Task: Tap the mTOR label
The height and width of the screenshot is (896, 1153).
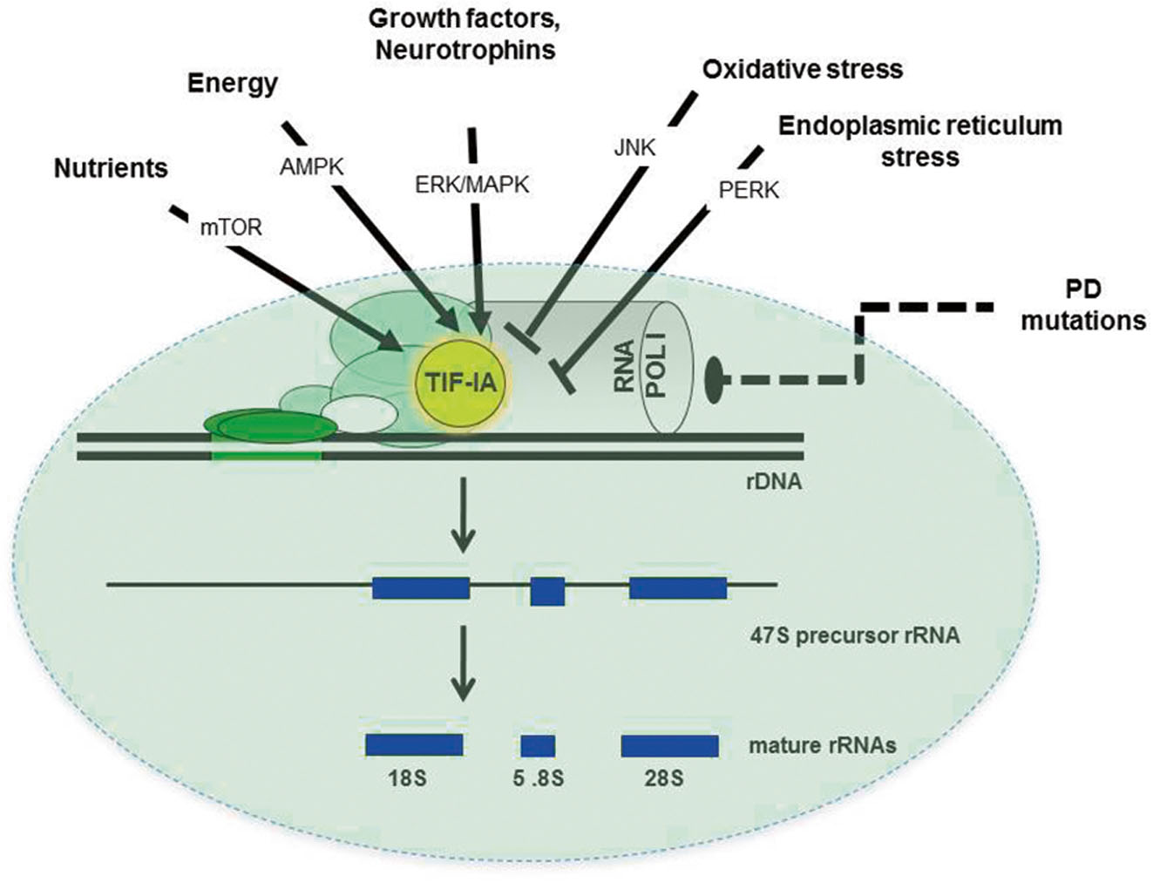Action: (230, 228)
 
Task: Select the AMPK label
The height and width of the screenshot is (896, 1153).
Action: (311, 166)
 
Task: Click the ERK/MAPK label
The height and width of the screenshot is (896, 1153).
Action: (471, 185)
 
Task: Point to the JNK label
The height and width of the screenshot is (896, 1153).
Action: (634, 147)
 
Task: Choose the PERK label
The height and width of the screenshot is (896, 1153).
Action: (749, 190)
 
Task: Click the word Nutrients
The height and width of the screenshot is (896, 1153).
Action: (111, 167)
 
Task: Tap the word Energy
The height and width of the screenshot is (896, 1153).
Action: (234, 84)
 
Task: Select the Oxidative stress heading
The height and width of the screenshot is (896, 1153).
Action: (803, 69)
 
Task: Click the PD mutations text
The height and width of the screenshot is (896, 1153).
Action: (1082, 307)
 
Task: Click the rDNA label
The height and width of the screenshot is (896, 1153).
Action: (768, 480)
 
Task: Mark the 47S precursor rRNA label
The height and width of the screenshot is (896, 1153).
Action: (854, 635)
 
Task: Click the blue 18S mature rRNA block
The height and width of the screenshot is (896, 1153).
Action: (414, 745)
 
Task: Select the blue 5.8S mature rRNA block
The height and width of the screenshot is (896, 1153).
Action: (538, 746)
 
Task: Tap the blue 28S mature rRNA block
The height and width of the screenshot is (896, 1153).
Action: (669, 746)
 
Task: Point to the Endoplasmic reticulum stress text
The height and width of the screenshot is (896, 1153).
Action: (919, 141)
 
